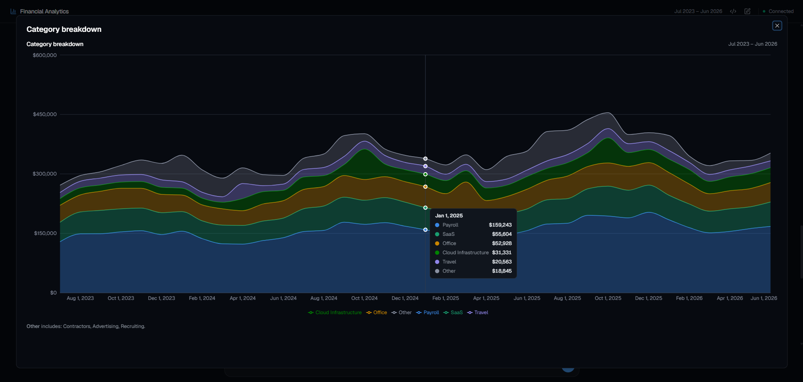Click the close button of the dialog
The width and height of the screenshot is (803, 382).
pyautogui.click(x=777, y=26)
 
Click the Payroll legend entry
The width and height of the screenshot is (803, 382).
pyautogui.click(x=427, y=312)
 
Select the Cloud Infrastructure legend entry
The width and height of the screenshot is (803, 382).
pyautogui.click(x=335, y=312)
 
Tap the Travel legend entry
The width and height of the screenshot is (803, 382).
pyautogui.click(x=478, y=312)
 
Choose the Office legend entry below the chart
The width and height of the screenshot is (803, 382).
pyautogui.click(x=377, y=312)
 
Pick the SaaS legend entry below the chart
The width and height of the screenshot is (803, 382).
pyautogui.click(x=453, y=312)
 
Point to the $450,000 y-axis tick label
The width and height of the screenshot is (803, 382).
pyautogui.click(x=45, y=114)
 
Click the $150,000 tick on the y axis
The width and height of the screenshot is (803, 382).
pyautogui.click(x=45, y=233)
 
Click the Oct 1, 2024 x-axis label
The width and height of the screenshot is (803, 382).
pyautogui.click(x=364, y=298)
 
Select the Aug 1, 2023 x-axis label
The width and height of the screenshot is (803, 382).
pyautogui.click(x=80, y=298)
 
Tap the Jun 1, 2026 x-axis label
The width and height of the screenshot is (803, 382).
pyautogui.click(x=764, y=298)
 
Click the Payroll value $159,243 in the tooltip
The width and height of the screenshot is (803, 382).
pyautogui.click(x=500, y=225)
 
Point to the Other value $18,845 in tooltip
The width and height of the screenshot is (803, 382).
pyautogui.click(x=502, y=271)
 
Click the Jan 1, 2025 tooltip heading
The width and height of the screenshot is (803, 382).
pyautogui.click(x=449, y=216)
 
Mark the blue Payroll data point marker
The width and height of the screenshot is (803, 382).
pyautogui.click(x=425, y=230)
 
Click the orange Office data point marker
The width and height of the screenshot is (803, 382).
pyautogui.click(x=425, y=187)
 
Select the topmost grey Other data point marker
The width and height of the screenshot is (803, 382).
pyautogui.click(x=425, y=159)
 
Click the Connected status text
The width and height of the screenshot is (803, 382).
pyautogui.click(x=781, y=11)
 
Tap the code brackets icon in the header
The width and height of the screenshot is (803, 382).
pyautogui.click(x=733, y=11)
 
